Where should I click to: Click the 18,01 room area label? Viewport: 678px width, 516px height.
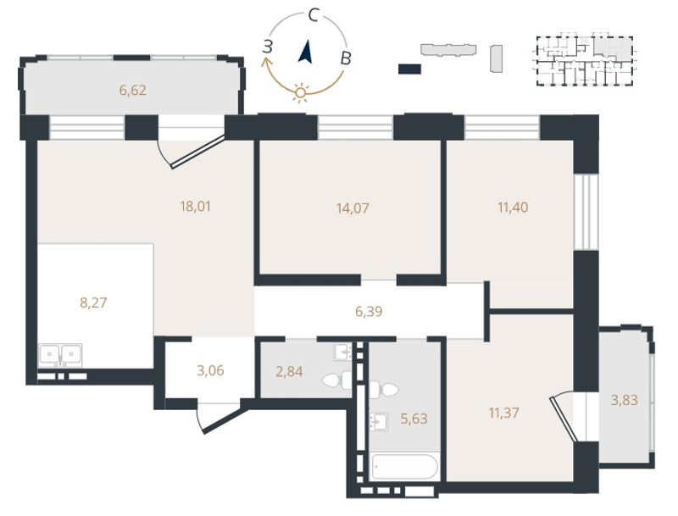click(x=196, y=207)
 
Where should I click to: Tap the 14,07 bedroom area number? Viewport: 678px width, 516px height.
click(x=353, y=208)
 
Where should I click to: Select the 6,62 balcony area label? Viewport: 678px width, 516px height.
click(x=133, y=91)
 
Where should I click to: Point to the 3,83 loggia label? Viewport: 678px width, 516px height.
click(x=624, y=400)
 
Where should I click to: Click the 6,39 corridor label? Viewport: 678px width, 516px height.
click(x=369, y=311)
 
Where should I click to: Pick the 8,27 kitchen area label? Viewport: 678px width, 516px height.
click(x=93, y=302)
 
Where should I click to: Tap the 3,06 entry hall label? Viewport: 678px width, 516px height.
click(x=210, y=371)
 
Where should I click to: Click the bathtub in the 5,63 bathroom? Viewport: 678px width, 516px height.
click(x=405, y=466)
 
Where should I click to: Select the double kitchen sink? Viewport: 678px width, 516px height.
click(x=60, y=355)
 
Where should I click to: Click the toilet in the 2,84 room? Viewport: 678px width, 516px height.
click(x=337, y=380)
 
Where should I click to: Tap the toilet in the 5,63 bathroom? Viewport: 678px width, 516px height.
click(x=383, y=390)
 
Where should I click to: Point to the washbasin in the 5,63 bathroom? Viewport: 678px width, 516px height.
click(x=378, y=421)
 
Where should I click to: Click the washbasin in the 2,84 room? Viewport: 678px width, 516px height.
click(x=343, y=352)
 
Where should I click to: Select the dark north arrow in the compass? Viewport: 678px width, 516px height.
click(x=306, y=52)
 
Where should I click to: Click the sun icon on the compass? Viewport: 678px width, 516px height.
click(x=300, y=92)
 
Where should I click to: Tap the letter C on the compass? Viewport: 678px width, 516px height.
click(x=314, y=16)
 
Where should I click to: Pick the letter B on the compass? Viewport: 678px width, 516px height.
click(x=346, y=58)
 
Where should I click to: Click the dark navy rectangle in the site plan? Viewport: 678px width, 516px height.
click(x=409, y=69)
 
